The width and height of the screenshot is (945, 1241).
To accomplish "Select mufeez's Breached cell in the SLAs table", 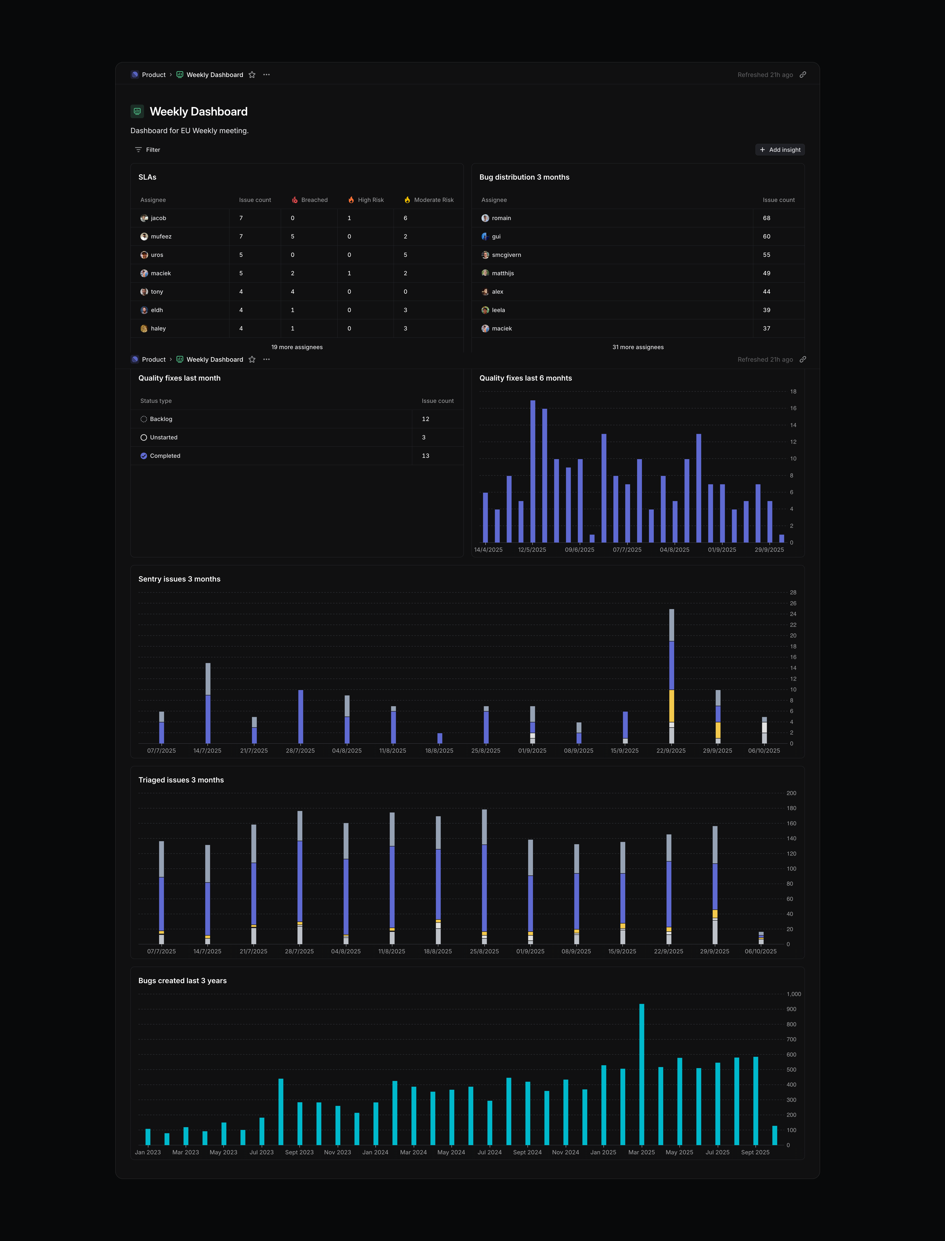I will [x=292, y=236].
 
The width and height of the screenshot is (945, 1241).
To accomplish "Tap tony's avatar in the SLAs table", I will [x=144, y=291].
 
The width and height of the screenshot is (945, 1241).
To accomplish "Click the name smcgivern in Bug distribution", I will [x=506, y=255].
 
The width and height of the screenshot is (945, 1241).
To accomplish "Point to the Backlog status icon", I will [x=144, y=419].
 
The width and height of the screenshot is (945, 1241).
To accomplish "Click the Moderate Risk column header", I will [x=433, y=200].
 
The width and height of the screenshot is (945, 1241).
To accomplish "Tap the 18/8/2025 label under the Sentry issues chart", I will [x=439, y=751].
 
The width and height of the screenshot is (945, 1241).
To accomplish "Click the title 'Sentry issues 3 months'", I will [x=179, y=579].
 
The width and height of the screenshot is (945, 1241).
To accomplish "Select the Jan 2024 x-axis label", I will [x=375, y=1152].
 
